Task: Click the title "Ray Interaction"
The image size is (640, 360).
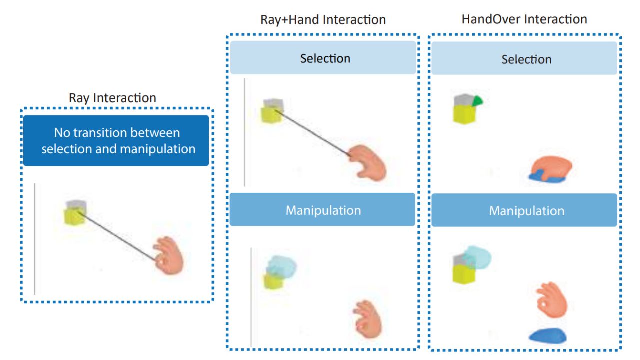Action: pos(112,97)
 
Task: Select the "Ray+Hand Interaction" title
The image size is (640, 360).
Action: pos(323,20)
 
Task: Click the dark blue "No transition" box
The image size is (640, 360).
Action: pos(116,140)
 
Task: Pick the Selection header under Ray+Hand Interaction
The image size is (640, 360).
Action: pos(323,58)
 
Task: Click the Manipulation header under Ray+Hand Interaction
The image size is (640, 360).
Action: pos(323,210)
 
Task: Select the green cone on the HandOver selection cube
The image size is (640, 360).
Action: pos(477,101)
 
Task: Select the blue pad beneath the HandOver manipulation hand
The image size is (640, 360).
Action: pos(548,336)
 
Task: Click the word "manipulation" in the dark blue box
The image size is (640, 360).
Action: pos(156,149)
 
